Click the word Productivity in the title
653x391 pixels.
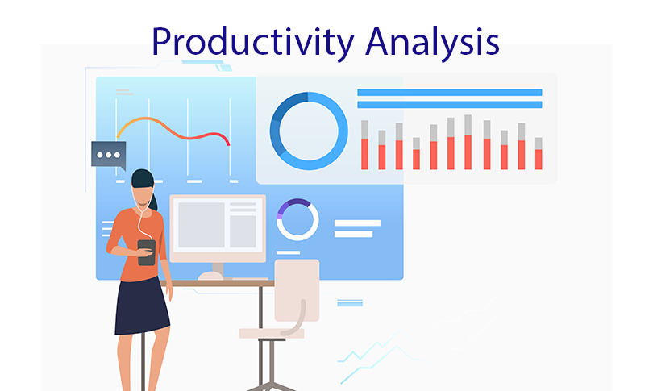pos(253,43)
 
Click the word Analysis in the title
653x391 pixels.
pos(432,43)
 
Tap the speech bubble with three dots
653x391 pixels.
pos(109,156)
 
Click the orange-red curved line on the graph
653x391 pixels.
pos(173,131)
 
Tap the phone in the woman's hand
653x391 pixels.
pos(146,253)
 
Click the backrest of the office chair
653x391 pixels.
pos(297,290)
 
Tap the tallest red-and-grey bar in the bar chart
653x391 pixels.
pos(468,142)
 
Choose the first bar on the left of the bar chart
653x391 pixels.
pos(365,145)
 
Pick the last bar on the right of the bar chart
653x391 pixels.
pos(539,153)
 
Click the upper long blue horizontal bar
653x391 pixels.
pos(450,93)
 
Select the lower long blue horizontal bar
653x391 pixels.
pos(450,105)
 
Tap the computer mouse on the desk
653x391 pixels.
pos(210,276)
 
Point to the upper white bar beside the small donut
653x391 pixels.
pos(357,223)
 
